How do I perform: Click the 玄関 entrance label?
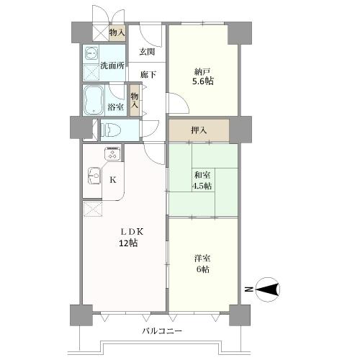coord(146,52)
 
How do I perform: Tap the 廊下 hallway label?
coord(146,73)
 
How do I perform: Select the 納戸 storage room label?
coord(202,71)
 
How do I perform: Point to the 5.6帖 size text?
coord(202,82)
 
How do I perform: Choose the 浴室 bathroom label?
coord(115,107)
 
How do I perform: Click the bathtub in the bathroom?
coord(94,100)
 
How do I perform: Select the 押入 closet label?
coord(199,131)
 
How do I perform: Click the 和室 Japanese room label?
coord(202,174)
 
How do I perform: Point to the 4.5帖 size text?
coord(202,186)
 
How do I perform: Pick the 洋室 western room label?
coord(202,258)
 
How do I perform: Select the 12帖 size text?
coord(130,243)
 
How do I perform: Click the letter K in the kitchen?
coord(112,180)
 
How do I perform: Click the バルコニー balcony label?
coord(162,331)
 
